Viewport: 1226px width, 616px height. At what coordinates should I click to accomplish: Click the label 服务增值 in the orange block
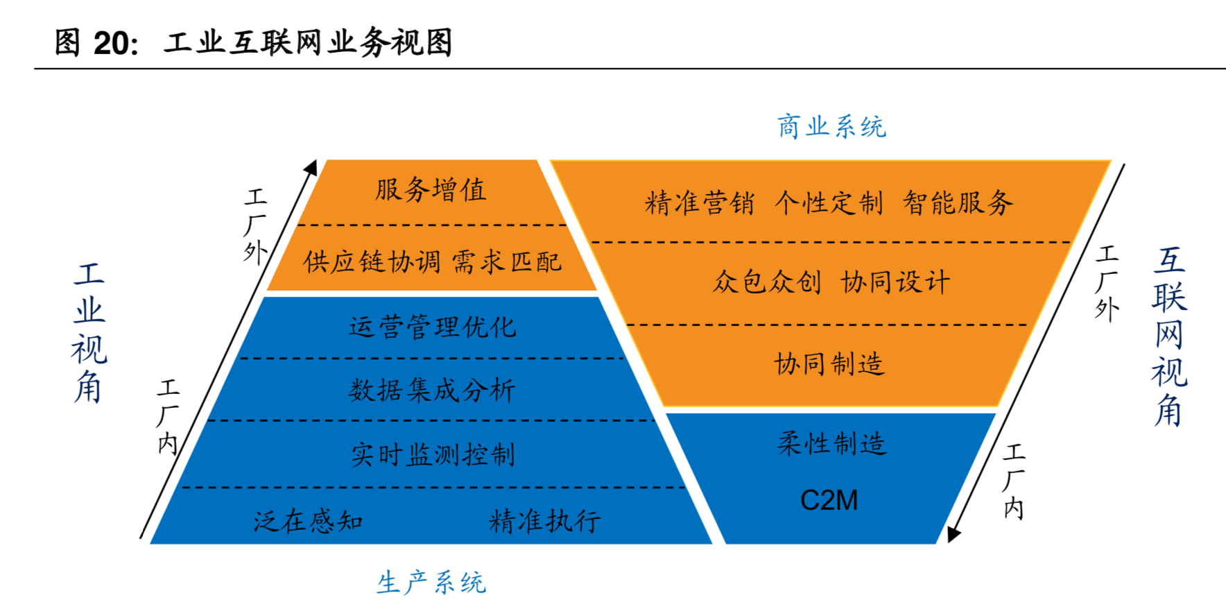click(x=431, y=189)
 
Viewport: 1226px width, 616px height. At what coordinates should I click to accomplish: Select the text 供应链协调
click(x=372, y=262)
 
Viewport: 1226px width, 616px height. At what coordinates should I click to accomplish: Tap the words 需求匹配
click(x=506, y=262)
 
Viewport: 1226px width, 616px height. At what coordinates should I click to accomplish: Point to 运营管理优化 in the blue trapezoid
click(x=432, y=327)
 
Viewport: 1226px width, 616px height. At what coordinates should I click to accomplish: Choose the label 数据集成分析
click(x=432, y=390)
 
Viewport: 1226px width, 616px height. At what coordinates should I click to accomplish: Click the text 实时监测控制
click(x=433, y=455)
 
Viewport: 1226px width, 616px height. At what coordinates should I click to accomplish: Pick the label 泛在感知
click(x=308, y=521)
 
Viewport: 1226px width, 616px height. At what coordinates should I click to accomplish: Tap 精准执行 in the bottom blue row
click(x=545, y=521)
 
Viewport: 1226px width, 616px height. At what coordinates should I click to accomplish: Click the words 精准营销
click(x=699, y=203)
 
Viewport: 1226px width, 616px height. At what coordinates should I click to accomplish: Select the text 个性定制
click(x=829, y=203)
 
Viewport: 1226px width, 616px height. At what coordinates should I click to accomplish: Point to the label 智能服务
click(x=958, y=203)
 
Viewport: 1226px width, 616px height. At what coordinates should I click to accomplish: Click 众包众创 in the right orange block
click(x=767, y=282)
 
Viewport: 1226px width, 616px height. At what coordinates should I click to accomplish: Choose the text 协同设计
click(x=895, y=282)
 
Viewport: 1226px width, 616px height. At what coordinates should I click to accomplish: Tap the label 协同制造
click(x=829, y=363)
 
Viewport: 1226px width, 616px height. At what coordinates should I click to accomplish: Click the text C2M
click(x=829, y=500)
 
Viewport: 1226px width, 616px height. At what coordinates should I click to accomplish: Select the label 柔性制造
click(x=831, y=443)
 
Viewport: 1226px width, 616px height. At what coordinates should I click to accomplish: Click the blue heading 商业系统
click(x=831, y=127)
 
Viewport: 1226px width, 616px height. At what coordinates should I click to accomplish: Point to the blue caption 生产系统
click(x=431, y=583)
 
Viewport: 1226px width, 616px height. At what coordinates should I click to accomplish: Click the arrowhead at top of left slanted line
click(x=311, y=167)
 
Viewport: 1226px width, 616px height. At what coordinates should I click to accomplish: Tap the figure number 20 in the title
click(x=111, y=43)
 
